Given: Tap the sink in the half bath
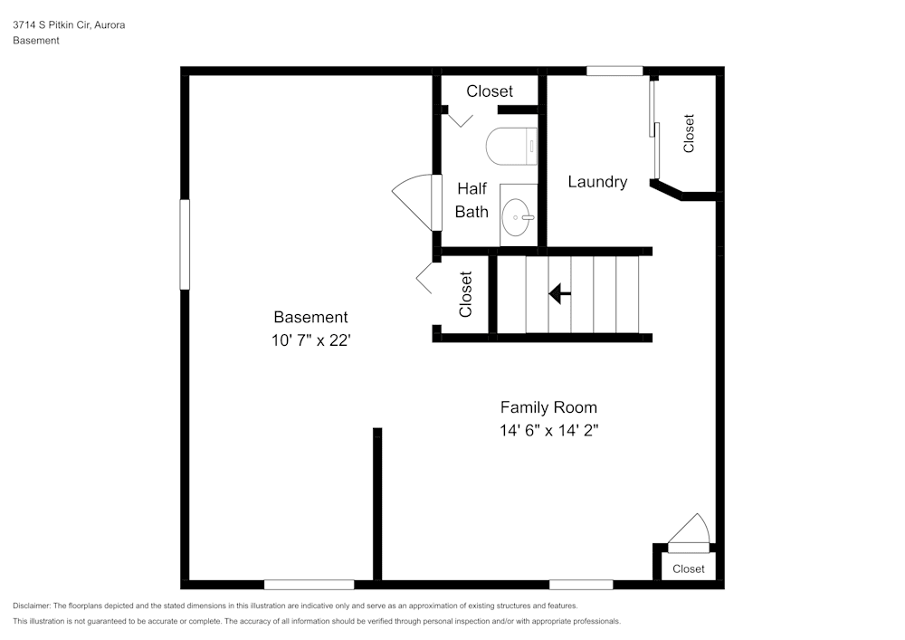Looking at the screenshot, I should (519, 217).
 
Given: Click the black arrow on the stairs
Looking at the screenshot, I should (560, 293).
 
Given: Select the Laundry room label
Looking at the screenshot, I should (597, 182).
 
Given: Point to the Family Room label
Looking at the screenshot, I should (548, 407).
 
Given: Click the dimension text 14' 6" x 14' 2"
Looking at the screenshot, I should (548, 431).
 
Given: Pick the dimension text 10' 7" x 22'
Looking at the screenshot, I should (310, 340).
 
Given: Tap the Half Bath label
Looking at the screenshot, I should (472, 200).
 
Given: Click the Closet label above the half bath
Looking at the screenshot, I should (490, 91).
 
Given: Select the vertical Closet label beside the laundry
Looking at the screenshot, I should (689, 132).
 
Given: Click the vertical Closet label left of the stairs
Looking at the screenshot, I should (466, 294).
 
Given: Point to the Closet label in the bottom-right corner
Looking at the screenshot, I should (689, 568).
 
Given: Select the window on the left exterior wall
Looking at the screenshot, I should (185, 244).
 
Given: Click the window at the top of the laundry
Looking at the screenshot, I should (614, 71).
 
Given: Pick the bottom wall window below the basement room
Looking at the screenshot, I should (309, 584).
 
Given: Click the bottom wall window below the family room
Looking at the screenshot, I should (580, 584).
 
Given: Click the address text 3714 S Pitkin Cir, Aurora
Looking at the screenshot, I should (69, 25).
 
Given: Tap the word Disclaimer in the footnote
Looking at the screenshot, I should (32, 606).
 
